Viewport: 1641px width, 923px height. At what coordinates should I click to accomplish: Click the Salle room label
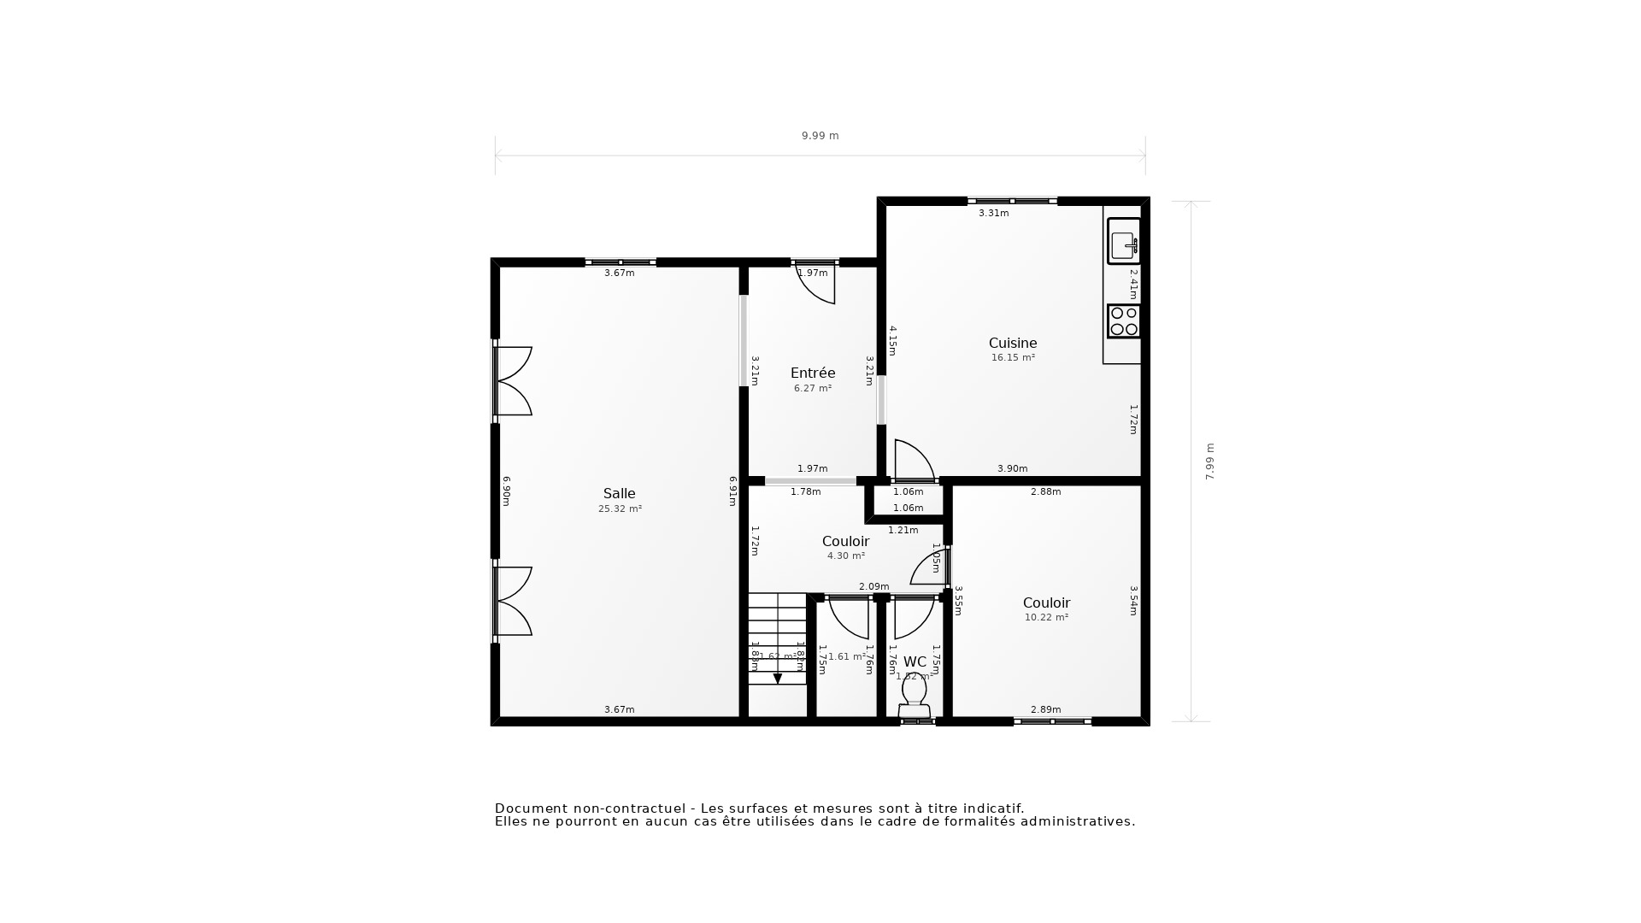(619, 494)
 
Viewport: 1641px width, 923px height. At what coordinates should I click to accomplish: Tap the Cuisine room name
(1013, 344)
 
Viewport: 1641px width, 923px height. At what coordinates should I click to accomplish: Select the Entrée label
(813, 373)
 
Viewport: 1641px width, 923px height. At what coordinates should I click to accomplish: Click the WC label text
(915, 662)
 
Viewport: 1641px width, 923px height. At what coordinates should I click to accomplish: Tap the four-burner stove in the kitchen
(1124, 321)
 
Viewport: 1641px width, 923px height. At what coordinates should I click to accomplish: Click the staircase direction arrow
(778, 679)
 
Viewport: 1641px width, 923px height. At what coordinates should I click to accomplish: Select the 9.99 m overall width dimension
(820, 136)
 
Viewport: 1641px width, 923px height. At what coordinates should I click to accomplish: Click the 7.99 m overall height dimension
(1209, 461)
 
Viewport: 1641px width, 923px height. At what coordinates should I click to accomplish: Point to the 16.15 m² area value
(1013, 358)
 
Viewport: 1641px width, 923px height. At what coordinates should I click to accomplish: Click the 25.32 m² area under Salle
(620, 509)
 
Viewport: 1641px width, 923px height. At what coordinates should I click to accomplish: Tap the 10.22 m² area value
(1046, 618)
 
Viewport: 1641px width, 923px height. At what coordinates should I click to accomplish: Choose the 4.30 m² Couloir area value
(845, 556)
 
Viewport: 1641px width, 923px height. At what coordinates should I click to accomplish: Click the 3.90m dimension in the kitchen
(1012, 469)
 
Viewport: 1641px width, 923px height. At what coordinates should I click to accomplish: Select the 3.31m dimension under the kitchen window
(993, 214)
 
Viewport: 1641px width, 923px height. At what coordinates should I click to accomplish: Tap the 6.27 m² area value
(812, 389)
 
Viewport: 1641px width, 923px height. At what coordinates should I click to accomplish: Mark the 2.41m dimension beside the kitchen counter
(1133, 284)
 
